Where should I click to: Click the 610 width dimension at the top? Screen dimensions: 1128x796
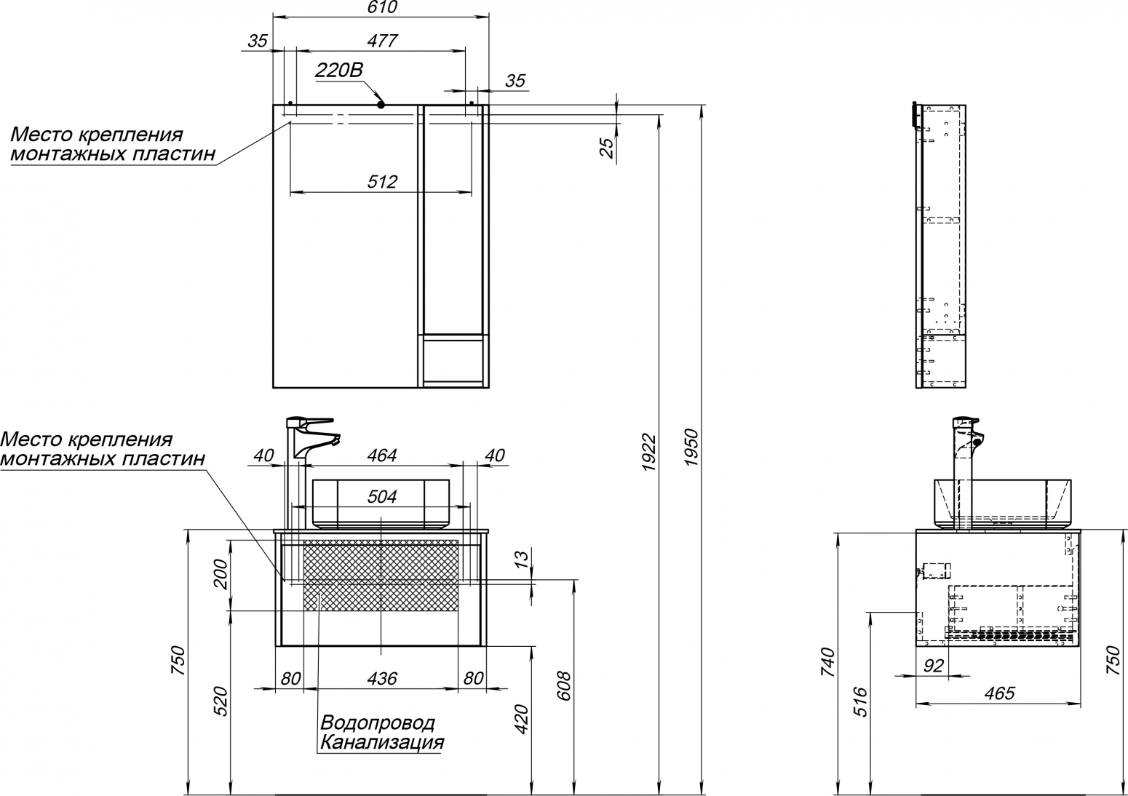[382, 7]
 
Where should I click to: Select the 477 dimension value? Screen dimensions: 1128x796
[382, 41]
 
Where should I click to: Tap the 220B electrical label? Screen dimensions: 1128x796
[339, 70]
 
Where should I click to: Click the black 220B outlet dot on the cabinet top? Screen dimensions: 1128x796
[381, 105]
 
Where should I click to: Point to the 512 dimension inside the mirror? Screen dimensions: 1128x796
[382, 182]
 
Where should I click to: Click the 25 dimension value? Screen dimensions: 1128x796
[608, 148]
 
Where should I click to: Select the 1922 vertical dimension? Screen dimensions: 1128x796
[649, 452]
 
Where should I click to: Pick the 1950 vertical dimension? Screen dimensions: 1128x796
[692, 447]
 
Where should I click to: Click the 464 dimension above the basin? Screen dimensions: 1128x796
[382, 455]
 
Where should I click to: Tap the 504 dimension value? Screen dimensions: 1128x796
[382, 497]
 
